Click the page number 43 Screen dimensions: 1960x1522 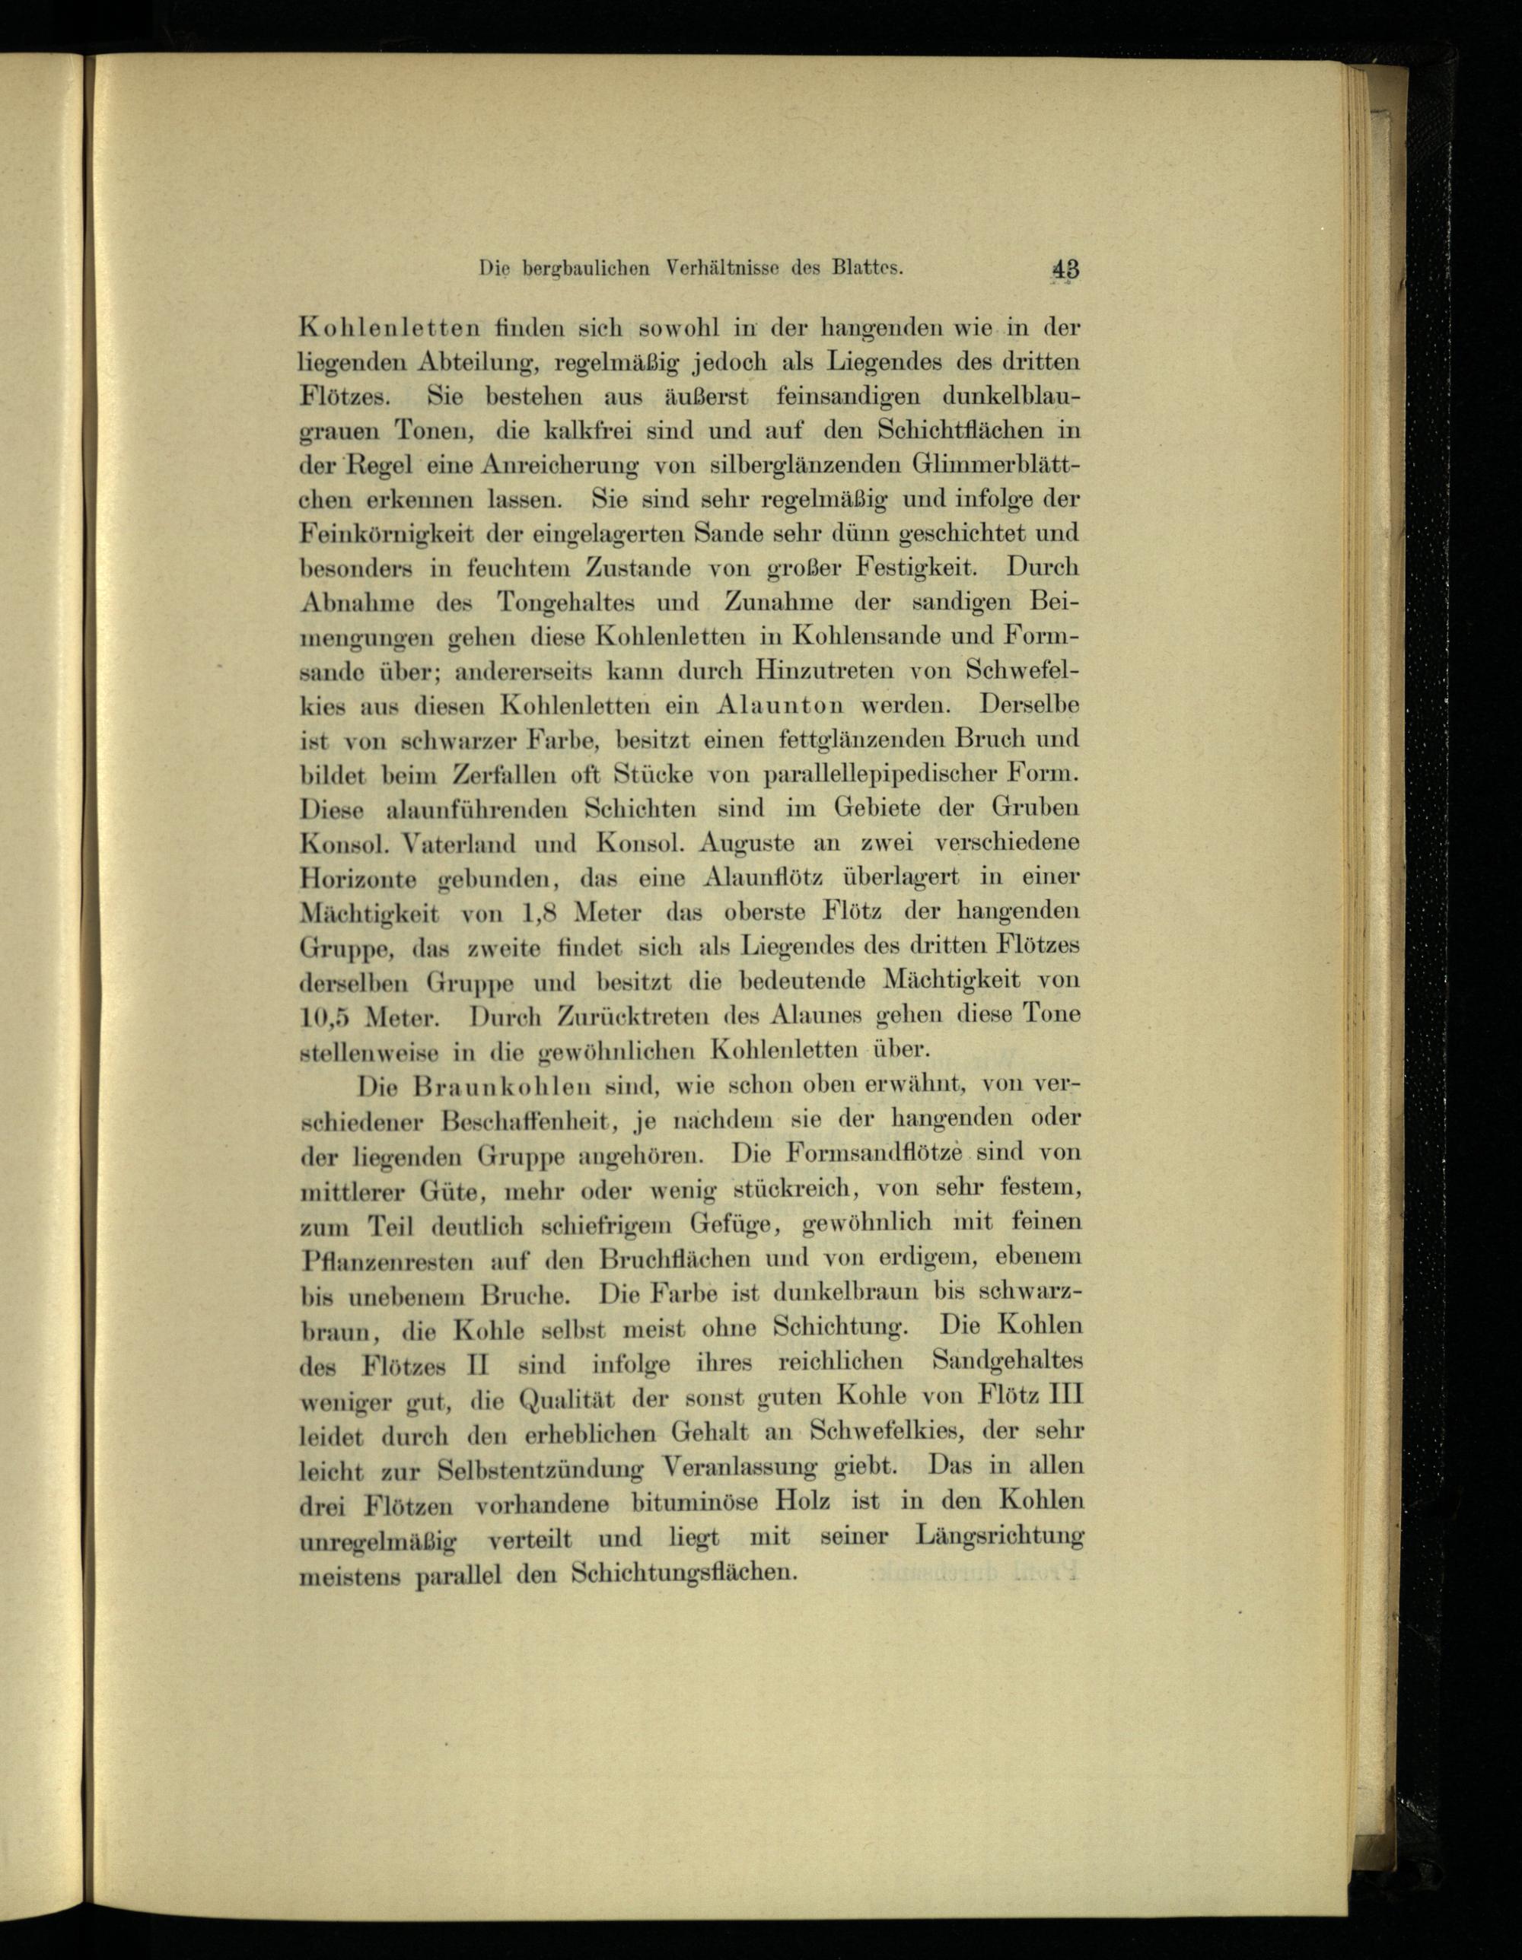pos(1068,269)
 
